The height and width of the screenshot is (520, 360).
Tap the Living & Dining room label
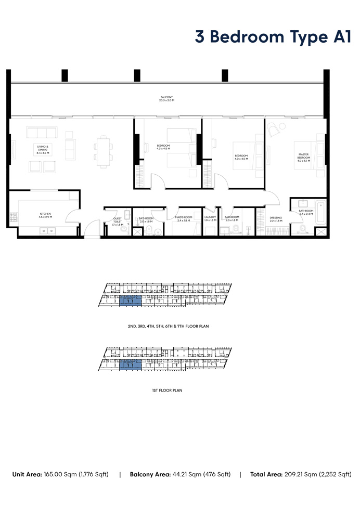43,150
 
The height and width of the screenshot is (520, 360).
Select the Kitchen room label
45,215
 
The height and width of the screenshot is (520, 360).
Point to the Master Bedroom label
304,157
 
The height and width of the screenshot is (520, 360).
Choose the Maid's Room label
184,218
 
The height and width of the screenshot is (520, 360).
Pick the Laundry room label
210,218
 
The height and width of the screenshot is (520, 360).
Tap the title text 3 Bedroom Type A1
274,37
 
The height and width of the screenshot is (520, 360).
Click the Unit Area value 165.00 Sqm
74,474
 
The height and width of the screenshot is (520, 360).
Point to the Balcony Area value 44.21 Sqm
194,474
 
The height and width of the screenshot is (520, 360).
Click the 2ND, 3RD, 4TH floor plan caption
164,326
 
